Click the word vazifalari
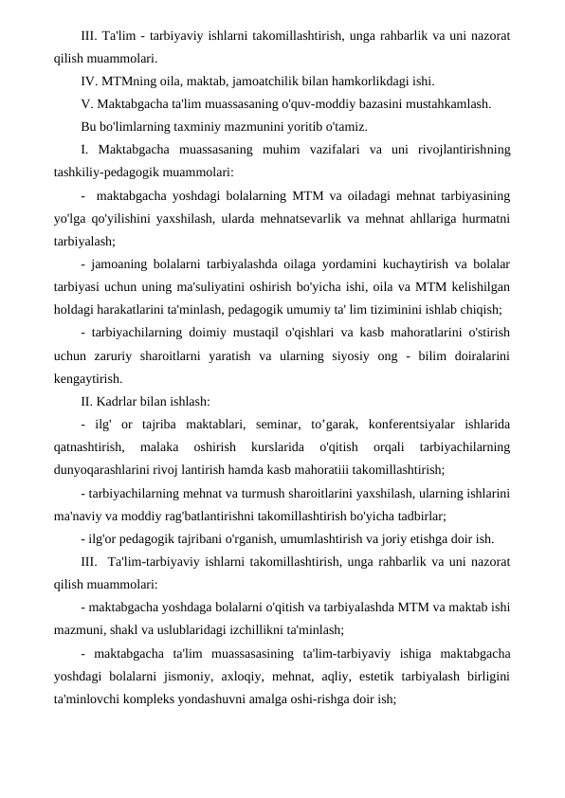tap(352, 150)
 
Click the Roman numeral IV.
tap(90, 81)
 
